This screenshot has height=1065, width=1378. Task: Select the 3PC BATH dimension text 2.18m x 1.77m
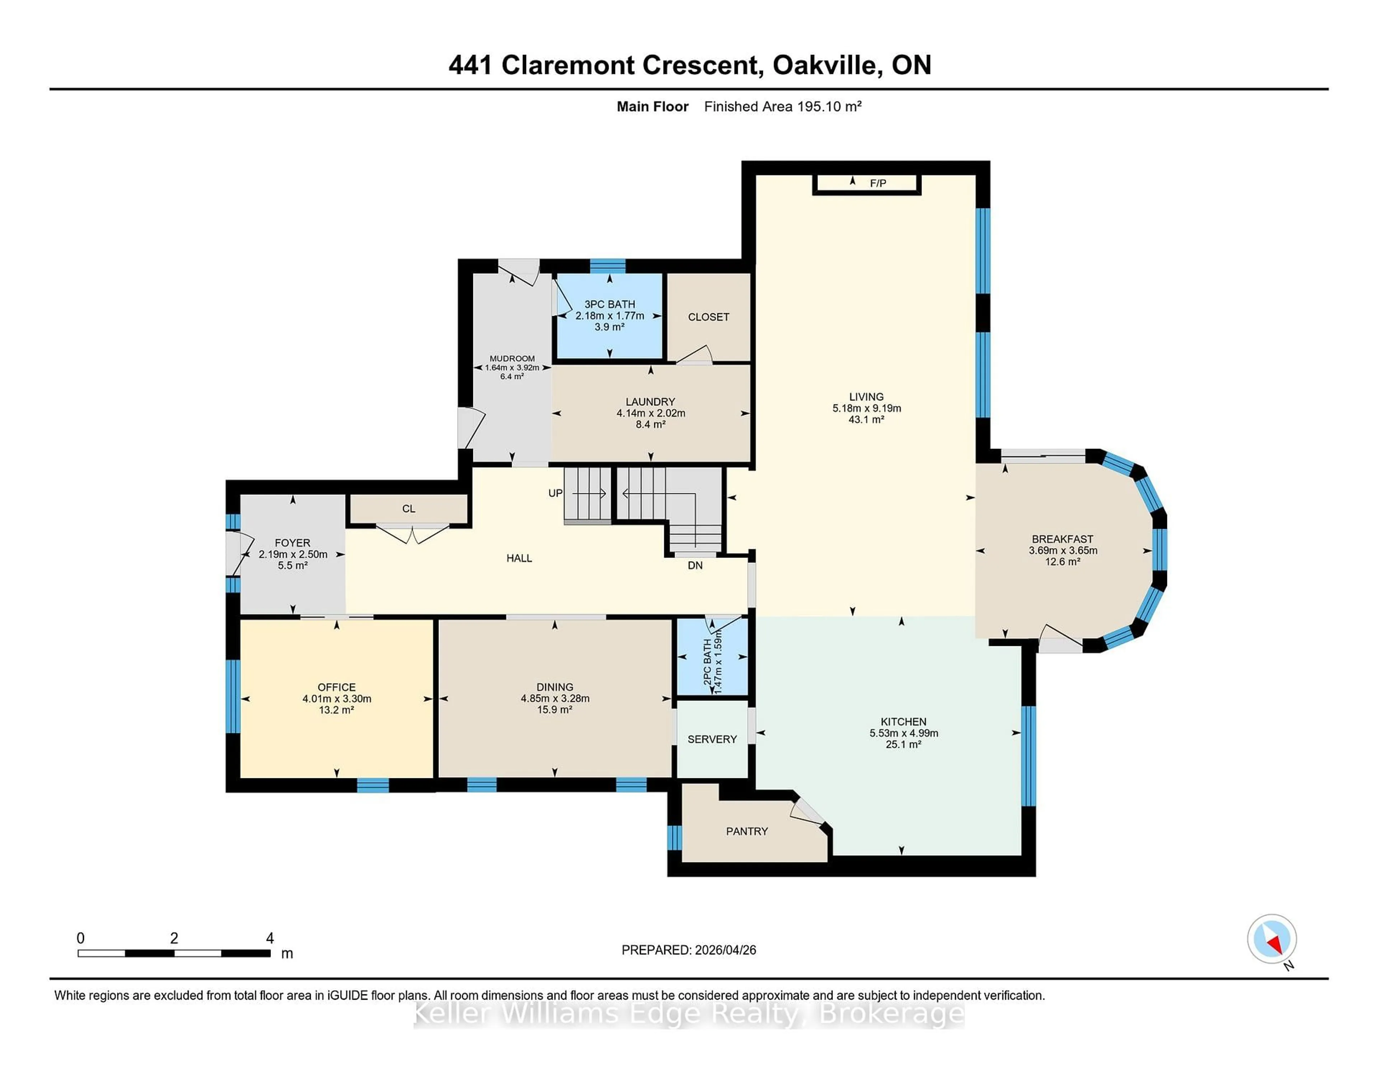pos(609,315)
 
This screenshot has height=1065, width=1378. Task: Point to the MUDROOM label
pos(512,358)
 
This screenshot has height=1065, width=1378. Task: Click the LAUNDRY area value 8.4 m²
pos(651,424)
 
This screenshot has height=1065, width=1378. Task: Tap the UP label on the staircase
pos(555,493)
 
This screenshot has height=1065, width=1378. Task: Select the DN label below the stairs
pos(695,565)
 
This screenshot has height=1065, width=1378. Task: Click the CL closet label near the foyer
pos(409,508)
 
